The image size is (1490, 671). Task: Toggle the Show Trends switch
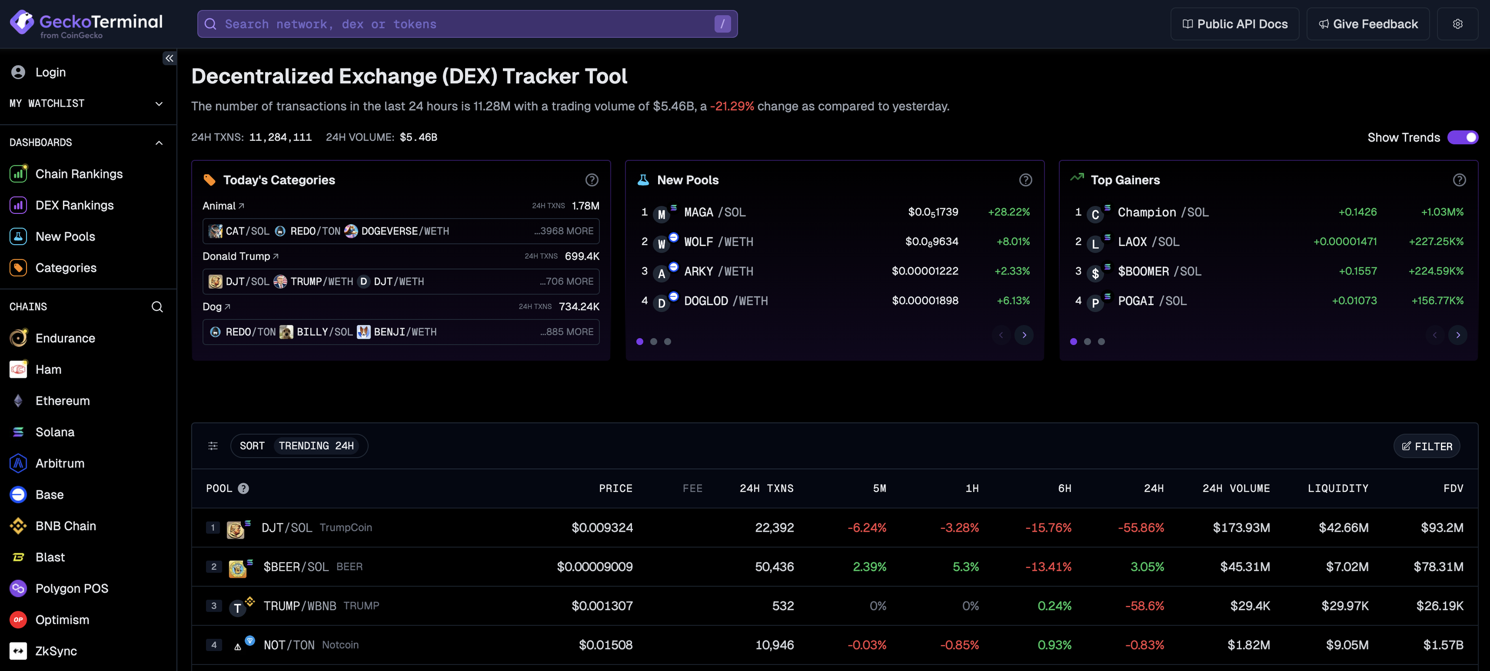click(1462, 137)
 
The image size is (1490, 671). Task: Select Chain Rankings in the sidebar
click(79, 174)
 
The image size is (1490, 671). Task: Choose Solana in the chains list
click(55, 432)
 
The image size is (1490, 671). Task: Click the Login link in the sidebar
click(50, 72)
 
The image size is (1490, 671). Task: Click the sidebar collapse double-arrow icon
click(169, 58)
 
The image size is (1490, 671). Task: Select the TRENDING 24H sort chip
click(316, 446)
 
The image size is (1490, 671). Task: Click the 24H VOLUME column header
click(1236, 488)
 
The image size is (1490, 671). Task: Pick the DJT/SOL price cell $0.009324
click(602, 527)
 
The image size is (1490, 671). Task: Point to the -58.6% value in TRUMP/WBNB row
click(1144, 606)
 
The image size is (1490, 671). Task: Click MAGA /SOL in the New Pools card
click(714, 212)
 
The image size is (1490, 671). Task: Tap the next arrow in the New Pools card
click(1024, 335)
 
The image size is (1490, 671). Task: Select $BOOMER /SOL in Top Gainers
click(1159, 271)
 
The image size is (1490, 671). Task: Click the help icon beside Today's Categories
click(591, 180)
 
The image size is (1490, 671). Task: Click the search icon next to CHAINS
click(157, 307)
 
